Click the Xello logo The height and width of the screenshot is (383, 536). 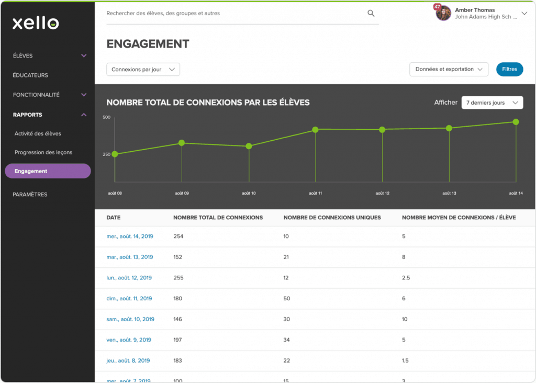pos(36,23)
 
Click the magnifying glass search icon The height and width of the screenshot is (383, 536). pos(371,14)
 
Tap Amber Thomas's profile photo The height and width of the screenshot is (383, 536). pos(443,13)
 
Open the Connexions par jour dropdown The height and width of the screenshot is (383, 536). pos(143,70)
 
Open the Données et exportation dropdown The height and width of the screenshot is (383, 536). pos(449,69)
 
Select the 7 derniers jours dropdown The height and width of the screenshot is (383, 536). pos(492,103)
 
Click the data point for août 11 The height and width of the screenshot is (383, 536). pos(315,130)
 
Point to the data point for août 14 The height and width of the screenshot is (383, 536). pos(516,122)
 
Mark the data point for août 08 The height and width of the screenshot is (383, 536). pos(115,154)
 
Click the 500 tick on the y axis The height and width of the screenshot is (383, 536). pos(107,117)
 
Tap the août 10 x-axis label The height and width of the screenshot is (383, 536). pos(249,193)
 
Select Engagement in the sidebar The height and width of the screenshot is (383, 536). pos(48,171)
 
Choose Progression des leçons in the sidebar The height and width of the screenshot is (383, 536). pos(43,152)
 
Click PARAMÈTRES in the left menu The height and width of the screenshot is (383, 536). pos(30,195)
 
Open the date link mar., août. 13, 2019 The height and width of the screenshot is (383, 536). pos(130,257)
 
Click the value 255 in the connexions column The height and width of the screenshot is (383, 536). pos(178,278)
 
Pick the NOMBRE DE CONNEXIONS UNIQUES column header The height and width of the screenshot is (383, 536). pos(332,217)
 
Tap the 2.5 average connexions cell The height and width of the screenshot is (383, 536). pos(406,278)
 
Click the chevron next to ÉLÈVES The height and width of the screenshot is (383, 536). pos(84,55)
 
